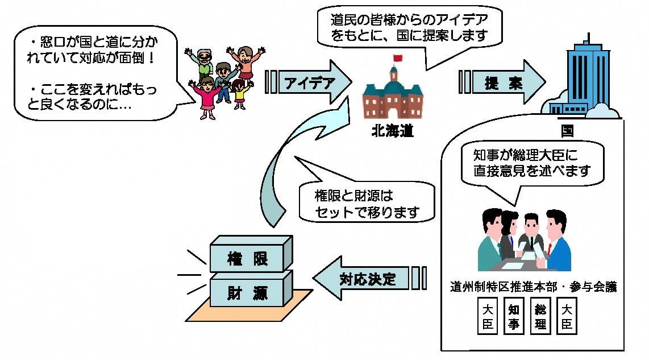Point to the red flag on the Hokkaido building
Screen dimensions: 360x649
tap(397, 57)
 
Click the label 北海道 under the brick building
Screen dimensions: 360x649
tap(392, 133)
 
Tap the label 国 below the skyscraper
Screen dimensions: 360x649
tap(567, 131)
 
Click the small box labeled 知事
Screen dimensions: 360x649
tap(514, 317)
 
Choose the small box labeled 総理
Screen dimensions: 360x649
tap(540, 317)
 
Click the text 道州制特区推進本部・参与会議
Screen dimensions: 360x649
tap(534, 285)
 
